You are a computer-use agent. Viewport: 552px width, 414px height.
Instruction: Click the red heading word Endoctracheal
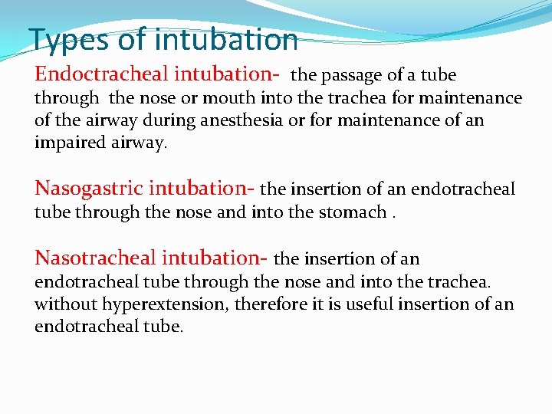coord(102,74)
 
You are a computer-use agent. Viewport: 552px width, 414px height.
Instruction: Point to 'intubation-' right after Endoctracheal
coord(227,74)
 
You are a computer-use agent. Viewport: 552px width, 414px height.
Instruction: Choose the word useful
coord(366,304)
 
